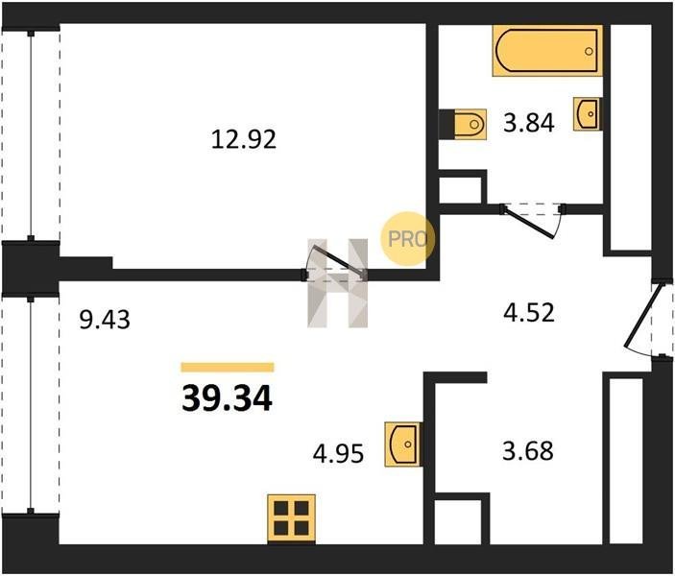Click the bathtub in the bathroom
click(x=547, y=51)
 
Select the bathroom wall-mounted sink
click(x=588, y=113)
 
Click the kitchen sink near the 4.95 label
click(x=403, y=444)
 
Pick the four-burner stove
click(x=292, y=518)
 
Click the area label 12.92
click(x=244, y=140)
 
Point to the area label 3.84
click(x=529, y=123)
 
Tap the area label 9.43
click(x=105, y=320)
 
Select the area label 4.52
click(x=529, y=313)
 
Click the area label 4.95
click(x=338, y=454)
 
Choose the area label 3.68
click(x=528, y=451)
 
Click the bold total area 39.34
click(x=227, y=398)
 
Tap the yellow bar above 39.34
click(x=228, y=367)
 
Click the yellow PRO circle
click(x=408, y=239)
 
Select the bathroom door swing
click(x=532, y=221)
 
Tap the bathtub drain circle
click(x=589, y=51)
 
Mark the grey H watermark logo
click(x=338, y=283)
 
